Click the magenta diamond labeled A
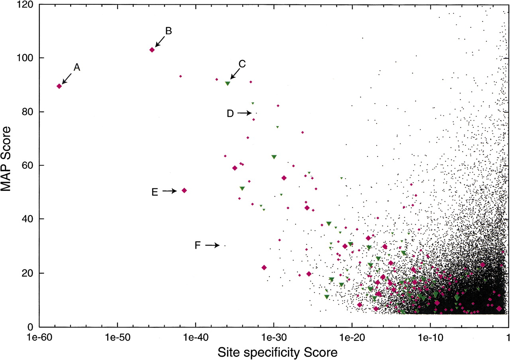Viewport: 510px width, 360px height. coord(59,86)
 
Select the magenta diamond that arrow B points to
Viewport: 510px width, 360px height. coord(152,50)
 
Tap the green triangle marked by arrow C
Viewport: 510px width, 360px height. coord(228,84)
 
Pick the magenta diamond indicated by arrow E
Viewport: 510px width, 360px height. coord(184,190)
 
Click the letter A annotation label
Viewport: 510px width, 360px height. coord(77,67)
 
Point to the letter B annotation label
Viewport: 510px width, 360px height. coord(169,31)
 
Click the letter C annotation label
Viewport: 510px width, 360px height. coord(242,64)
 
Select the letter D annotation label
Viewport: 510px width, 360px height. coord(230,113)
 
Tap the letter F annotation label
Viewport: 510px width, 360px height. coord(197,245)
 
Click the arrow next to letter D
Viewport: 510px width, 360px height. coord(245,113)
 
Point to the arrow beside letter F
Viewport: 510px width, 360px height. coord(212,245)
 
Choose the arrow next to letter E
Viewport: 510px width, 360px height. coord(170,191)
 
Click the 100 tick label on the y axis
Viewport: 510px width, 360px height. coord(25,58)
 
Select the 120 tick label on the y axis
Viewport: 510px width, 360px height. coord(25,4)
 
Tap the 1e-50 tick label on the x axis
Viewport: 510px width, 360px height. coord(118,337)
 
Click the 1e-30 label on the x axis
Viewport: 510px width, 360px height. coord(274,337)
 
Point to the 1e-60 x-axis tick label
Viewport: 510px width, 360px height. coord(39,337)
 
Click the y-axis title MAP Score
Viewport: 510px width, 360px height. coord(6,159)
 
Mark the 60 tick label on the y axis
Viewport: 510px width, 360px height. coord(27,165)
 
